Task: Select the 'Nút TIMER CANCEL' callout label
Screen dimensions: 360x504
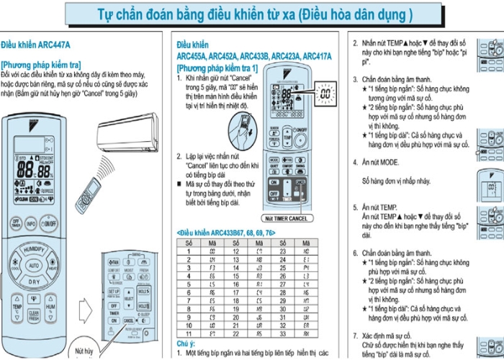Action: click(x=285, y=218)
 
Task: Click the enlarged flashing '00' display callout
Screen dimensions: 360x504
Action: click(x=325, y=94)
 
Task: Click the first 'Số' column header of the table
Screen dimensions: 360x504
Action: click(x=188, y=243)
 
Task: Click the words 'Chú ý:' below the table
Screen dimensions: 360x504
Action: click(x=186, y=344)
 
